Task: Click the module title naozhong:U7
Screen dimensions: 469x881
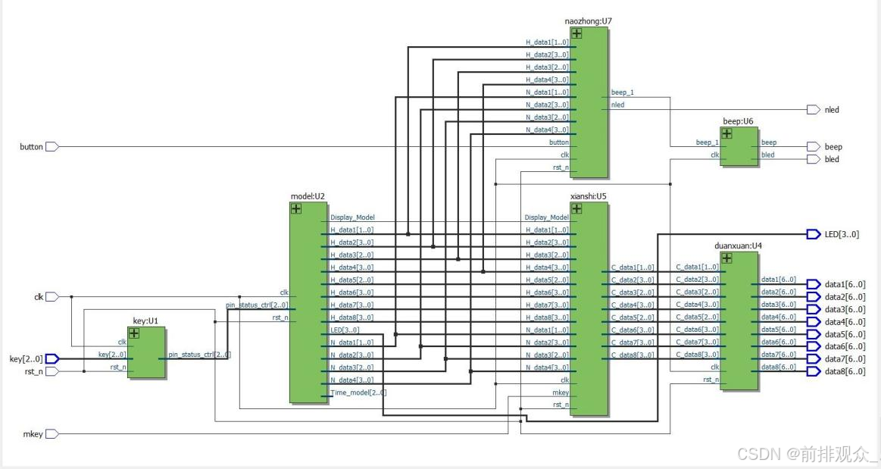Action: (588, 21)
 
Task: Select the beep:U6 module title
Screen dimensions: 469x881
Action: (738, 121)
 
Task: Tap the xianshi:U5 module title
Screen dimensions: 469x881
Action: (588, 196)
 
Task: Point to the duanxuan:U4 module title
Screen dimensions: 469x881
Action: (737, 245)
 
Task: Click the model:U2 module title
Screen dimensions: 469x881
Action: (308, 196)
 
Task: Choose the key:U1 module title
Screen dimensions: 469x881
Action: (145, 320)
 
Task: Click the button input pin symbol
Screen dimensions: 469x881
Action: (52, 146)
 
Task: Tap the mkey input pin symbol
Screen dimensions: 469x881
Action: (52, 434)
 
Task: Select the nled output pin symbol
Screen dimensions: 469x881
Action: (813, 110)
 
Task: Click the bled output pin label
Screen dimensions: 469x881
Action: (833, 159)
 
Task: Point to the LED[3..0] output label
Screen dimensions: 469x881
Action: (842, 234)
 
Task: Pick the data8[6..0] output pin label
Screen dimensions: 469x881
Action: (845, 371)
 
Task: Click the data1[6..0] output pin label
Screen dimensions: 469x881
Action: (845, 284)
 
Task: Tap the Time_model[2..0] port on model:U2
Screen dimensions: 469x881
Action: (358, 392)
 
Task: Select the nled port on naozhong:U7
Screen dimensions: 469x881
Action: (618, 105)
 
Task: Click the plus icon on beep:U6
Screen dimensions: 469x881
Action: (726, 133)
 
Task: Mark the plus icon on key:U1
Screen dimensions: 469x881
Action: (134, 333)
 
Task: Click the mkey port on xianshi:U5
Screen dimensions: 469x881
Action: (560, 392)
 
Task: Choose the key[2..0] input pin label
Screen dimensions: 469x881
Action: (26, 358)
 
